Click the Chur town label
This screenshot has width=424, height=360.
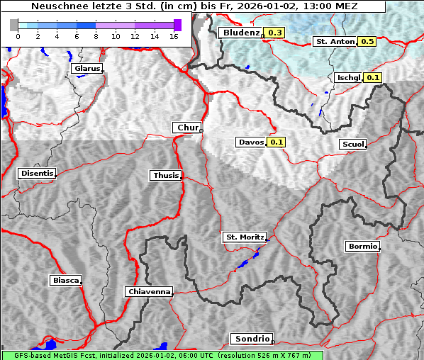click(187, 128)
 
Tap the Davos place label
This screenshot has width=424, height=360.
click(251, 142)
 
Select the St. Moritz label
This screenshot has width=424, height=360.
click(244, 237)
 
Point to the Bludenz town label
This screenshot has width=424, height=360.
click(240, 33)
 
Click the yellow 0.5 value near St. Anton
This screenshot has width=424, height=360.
click(367, 42)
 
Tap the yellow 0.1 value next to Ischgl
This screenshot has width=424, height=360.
click(374, 77)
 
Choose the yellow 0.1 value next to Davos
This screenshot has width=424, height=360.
click(277, 142)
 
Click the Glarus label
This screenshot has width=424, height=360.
click(87, 69)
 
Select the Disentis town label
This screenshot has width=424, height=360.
click(37, 173)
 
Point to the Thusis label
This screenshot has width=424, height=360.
click(166, 175)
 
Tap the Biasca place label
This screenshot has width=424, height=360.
click(66, 281)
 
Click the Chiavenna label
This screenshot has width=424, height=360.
click(149, 291)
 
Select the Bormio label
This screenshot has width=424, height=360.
click(362, 247)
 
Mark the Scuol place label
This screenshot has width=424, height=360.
click(352, 145)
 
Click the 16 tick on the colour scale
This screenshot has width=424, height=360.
click(173, 37)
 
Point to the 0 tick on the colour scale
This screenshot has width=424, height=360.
click(18, 37)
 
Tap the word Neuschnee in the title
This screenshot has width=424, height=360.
click(57, 6)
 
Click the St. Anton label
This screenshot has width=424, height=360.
click(334, 42)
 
